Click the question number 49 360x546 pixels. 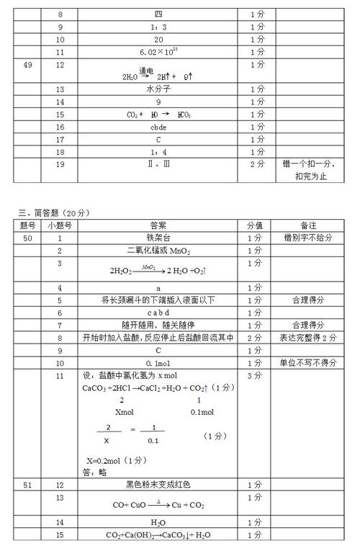coord(29,65)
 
